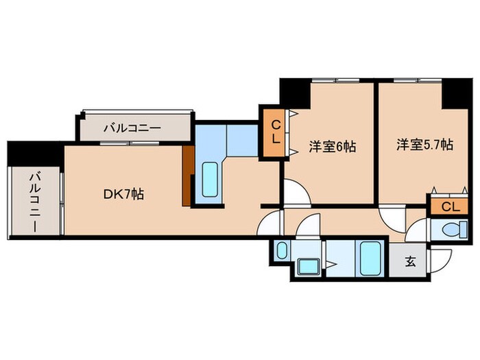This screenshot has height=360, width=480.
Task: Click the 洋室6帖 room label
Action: coord(332,146)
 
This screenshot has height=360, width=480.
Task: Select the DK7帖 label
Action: coord(123,194)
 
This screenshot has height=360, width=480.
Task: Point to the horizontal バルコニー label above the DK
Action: coord(132,128)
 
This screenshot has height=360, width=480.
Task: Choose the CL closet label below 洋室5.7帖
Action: coord(450,206)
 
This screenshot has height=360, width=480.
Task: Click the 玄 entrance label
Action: coord(410,261)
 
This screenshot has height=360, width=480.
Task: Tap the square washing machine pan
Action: coord(308,267)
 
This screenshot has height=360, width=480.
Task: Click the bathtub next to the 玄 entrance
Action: coord(370,259)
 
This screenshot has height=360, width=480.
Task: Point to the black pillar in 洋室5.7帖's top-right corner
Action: coord(453,92)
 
